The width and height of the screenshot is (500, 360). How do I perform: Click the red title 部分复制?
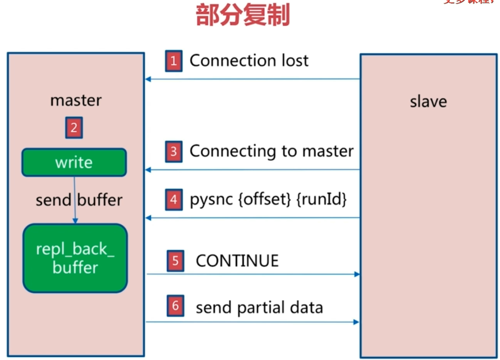point(243,15)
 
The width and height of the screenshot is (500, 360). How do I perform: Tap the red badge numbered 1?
point(174,61)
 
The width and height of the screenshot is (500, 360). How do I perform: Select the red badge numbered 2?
point(74,127)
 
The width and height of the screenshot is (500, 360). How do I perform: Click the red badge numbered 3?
point(174,152)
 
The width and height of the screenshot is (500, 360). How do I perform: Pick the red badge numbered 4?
point(174,200)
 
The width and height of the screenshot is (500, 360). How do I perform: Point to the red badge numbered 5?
point(175,261)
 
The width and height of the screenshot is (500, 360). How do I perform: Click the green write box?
point(74,163)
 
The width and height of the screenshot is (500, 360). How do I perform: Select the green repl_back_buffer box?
point(75,258)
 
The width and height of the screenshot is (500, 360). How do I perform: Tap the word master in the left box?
point(76,100)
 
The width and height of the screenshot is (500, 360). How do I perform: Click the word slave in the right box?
point(428,102)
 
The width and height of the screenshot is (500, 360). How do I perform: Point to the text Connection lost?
point(249,61)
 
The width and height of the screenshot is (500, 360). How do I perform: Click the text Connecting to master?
point(272,151)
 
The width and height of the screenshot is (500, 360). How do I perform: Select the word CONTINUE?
point(237,261)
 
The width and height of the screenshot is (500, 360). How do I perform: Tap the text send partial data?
point(259,308)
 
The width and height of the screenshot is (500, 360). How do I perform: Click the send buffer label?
point(79,200)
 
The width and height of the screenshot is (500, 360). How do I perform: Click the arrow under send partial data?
point(253,321)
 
